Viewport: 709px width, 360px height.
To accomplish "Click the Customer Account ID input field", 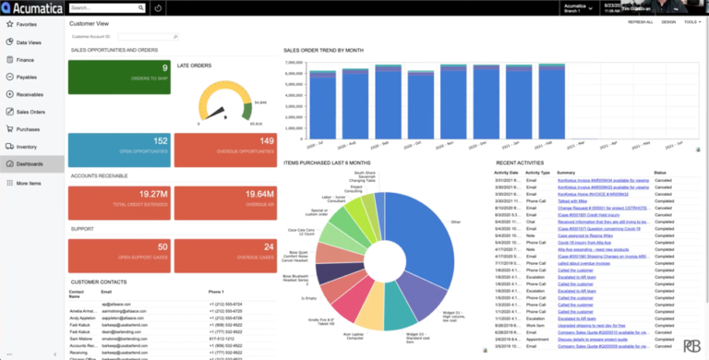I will point(144,37).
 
